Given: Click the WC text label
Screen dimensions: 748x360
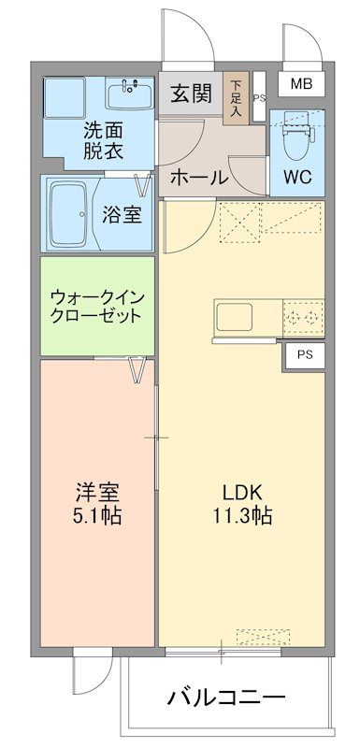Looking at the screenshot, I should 298,176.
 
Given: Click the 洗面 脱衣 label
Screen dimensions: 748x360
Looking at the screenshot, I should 105,140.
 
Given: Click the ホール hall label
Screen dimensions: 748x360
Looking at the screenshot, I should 199,178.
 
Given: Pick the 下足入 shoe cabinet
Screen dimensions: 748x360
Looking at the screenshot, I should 237,96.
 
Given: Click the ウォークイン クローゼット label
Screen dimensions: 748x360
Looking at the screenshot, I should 97,305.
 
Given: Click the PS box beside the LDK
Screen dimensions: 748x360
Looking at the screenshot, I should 305,354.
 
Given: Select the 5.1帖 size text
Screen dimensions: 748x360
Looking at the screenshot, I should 96,516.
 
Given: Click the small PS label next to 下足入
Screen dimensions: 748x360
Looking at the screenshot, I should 259,97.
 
